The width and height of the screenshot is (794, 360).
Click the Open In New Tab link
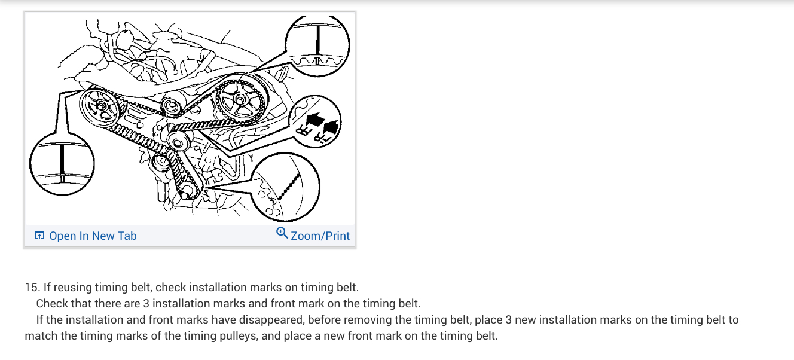[93, 236]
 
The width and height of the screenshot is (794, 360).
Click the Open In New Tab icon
[39, 236]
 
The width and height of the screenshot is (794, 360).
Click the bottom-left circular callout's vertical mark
[62, 163]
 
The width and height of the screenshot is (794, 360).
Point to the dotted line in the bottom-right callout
[289, 187]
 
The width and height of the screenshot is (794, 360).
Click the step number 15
[31, 288]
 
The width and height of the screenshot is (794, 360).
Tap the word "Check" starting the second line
[51, 303]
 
